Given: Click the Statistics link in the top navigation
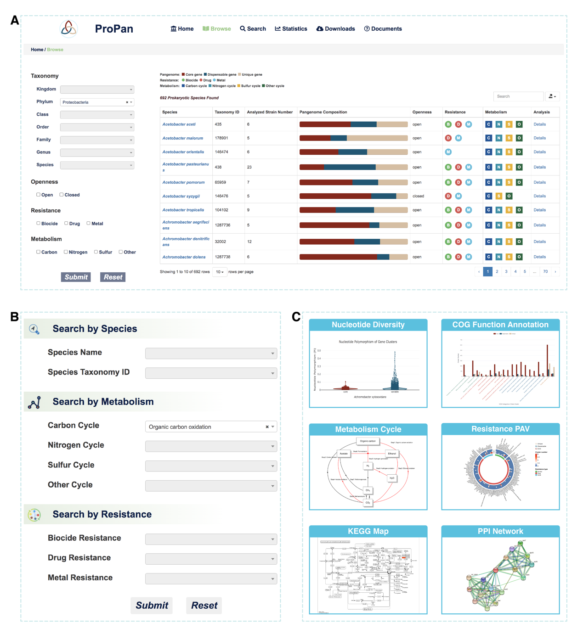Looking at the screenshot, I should coord(291,29).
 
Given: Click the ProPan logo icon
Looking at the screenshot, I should coord(69,28).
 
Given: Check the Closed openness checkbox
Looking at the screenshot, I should coord(62,195).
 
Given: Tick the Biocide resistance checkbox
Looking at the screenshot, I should coord(39,223).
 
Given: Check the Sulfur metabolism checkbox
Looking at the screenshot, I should coord(96,252).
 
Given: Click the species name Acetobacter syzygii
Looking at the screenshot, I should coord(181,196).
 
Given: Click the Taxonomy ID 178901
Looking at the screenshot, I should coord(221,138).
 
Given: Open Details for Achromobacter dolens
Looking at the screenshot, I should coord(539,257).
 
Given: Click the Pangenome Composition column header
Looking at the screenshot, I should coord(323,112).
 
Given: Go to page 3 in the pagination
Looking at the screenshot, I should coord(506,272).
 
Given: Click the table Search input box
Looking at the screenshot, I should coord(518,96).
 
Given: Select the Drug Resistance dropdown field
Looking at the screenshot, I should coord(211,559).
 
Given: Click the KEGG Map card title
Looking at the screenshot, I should coord(368,531).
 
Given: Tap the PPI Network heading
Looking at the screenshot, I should coord(500,531).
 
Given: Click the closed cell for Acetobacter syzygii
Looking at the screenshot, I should coord(418,196).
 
